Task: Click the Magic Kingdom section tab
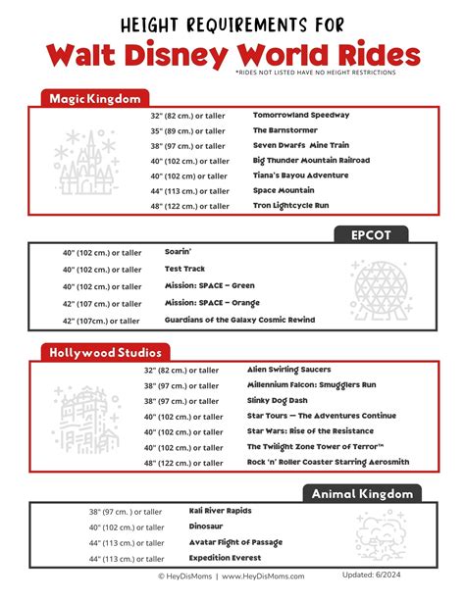(x=95, y=98)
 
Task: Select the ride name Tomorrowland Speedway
(x=300, y=115)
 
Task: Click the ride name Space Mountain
(x=284, y=190)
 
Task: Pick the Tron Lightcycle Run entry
(x=291, y=205)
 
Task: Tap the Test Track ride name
(x=185, y=269)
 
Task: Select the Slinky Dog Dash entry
(x=277, y=400)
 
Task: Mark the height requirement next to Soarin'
(x=103, y=252)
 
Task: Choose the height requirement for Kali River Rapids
(x=126, y=512)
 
